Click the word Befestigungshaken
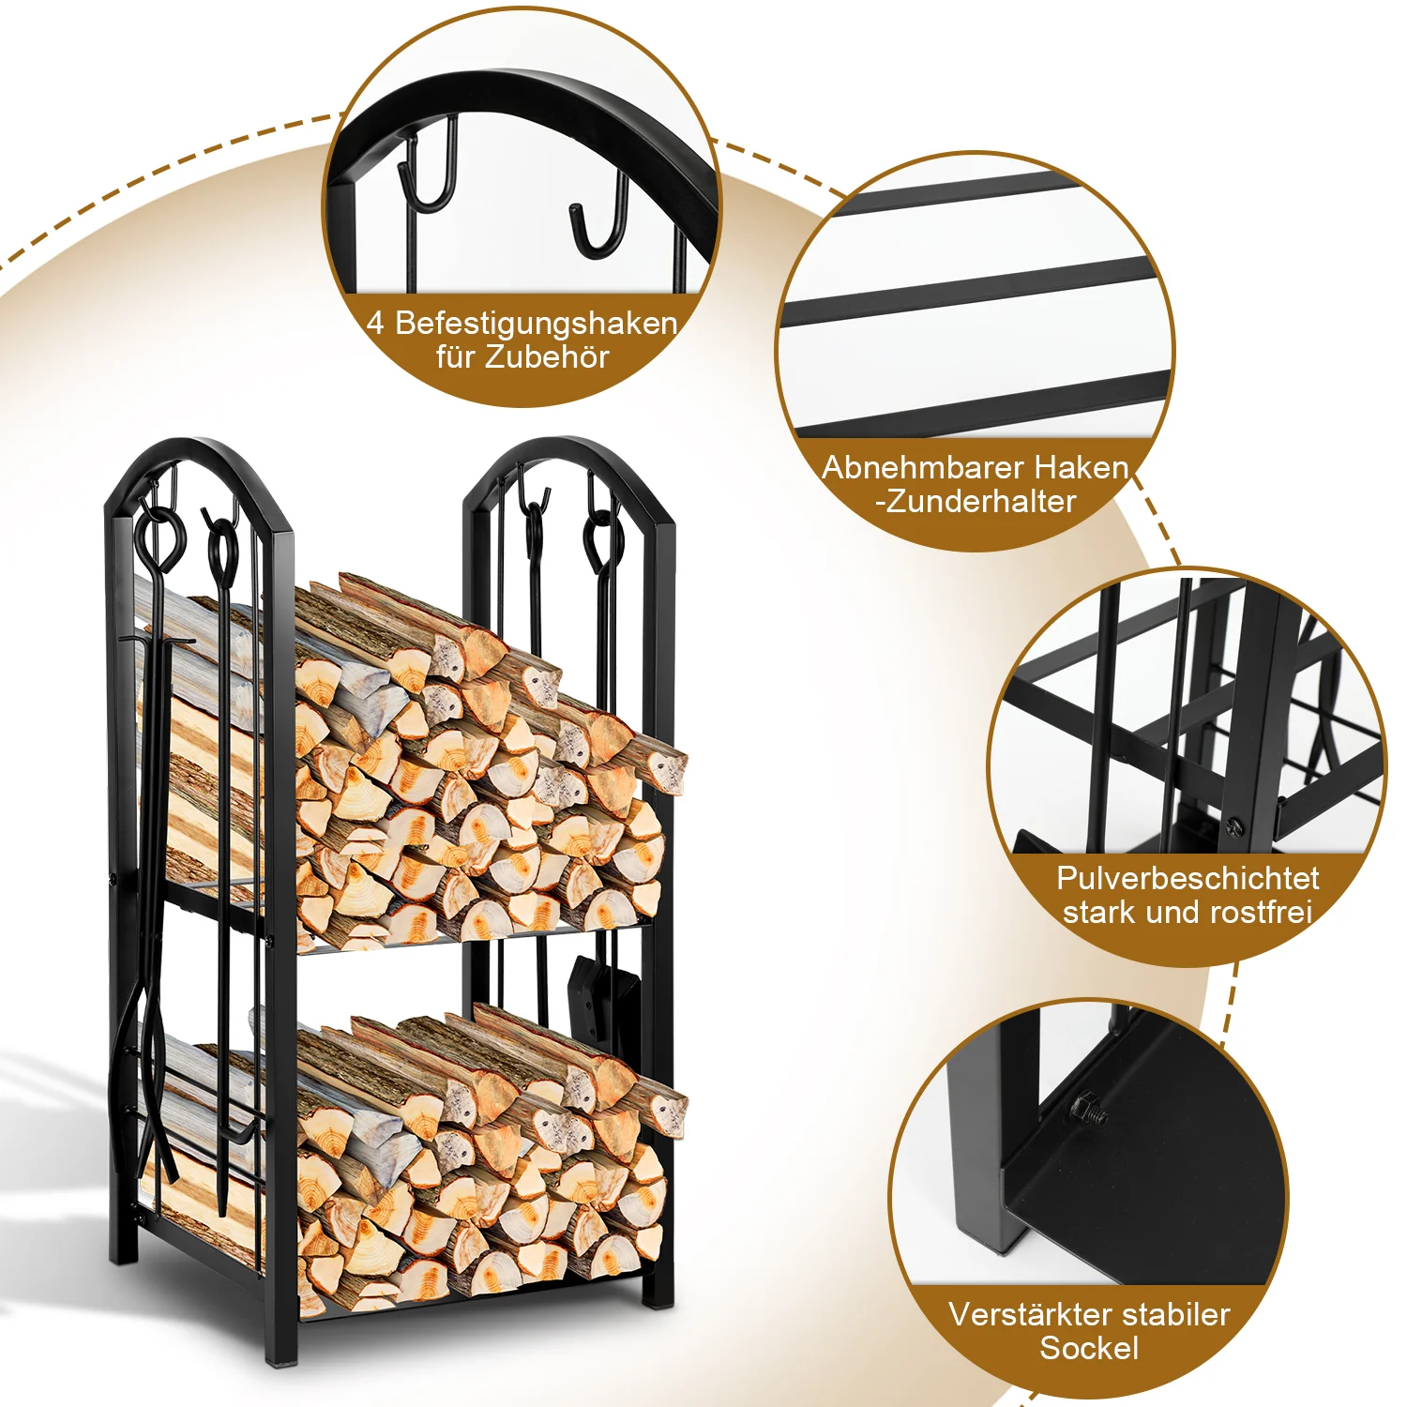[536, 324]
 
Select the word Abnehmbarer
[908, 467]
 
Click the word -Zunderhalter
[976, 502]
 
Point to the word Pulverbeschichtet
[1188, 878]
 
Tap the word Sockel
[1089, 1348]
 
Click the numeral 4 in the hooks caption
[375, 324]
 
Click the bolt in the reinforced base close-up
[1088, 1110]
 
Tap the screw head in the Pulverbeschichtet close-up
[1234, 825]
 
